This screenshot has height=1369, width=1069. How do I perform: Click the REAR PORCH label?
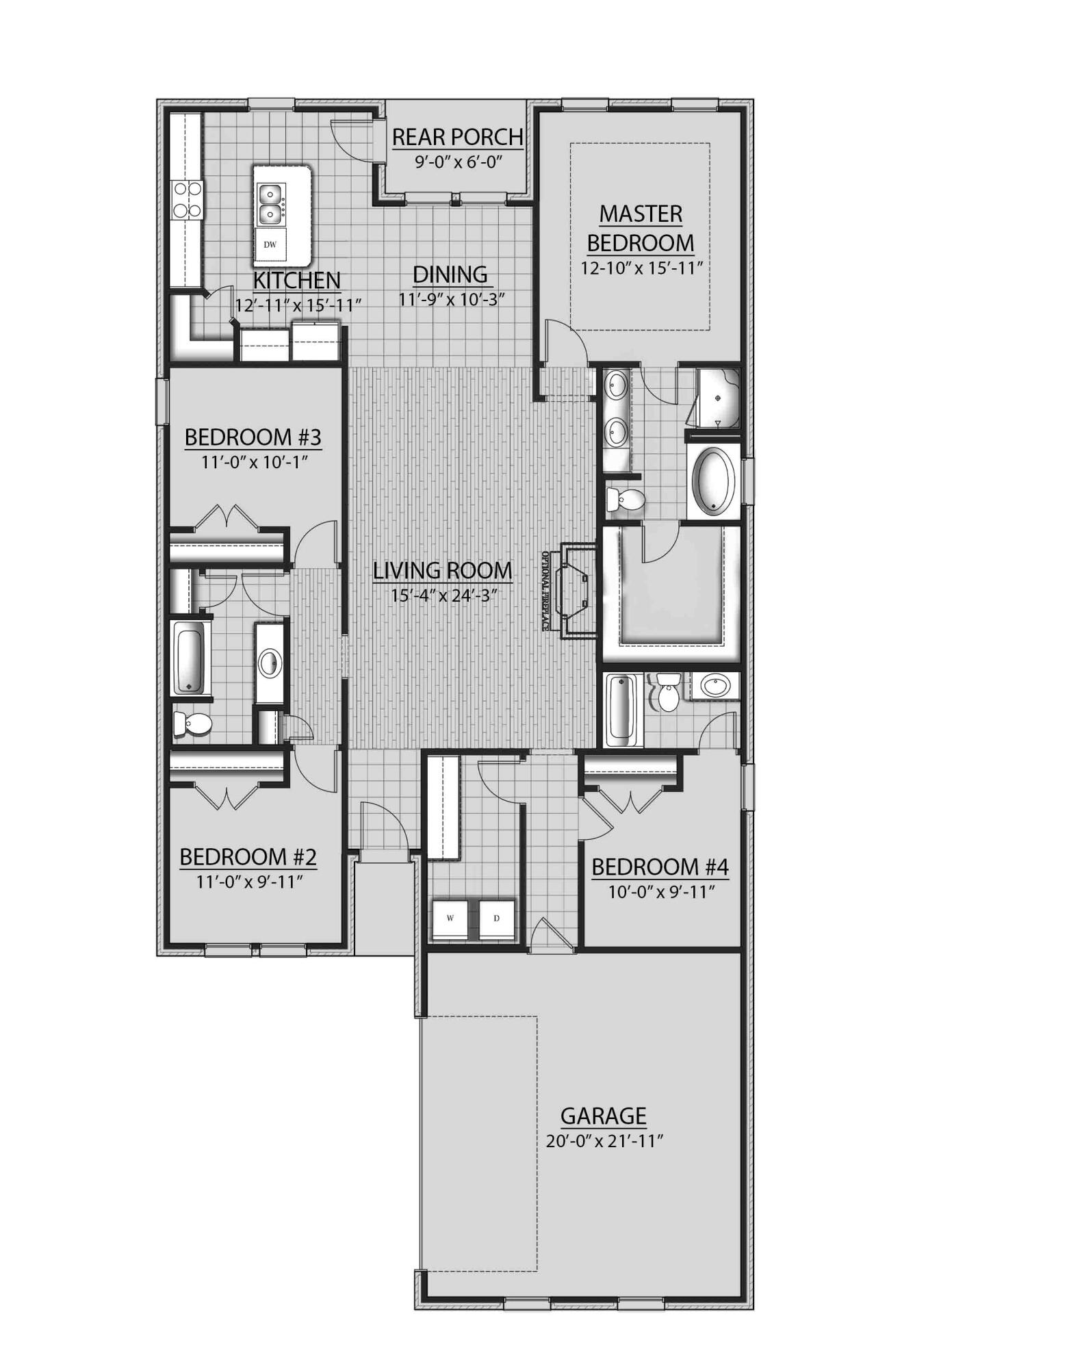click(x=457, y=137)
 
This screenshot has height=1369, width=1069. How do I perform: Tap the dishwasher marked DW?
click(x=270, y=244)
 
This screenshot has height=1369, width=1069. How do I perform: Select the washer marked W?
click(x=450, y=918)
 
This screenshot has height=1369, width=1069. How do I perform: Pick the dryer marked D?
click(x=497, y=918)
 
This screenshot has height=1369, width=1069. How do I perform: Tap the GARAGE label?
click(x=603, y=1116)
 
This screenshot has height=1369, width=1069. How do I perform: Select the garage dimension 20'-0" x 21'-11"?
click(x=606, y=1141)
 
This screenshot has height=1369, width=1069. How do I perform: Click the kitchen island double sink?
click(x=271, y=203)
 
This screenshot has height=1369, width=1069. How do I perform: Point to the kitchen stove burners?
click(x=186, y=199)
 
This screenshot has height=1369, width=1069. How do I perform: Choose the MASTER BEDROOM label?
click(x=641, y=228)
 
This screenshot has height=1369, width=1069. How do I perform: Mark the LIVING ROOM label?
click(x=442, y=570)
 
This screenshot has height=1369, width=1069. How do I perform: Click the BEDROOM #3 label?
click(x=253, y=437)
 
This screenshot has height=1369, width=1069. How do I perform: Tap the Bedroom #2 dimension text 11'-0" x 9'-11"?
click(x=249, y=882)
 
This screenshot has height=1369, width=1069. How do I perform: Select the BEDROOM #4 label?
click(x=660, y=867)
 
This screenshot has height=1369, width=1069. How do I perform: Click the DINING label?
click(x=450, y=274)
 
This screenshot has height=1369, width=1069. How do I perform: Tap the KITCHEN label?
click(x=296, y=280)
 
